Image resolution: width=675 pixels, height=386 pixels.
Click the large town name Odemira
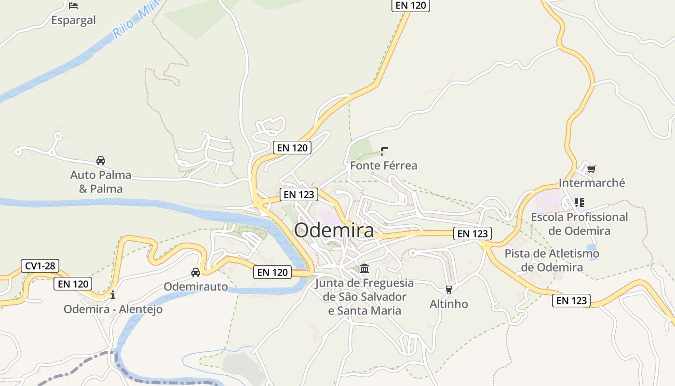(334, 230)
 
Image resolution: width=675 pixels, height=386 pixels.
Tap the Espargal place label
(74, 20)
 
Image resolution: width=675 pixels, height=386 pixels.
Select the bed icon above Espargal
(73, 6)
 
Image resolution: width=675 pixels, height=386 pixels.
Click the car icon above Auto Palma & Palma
(101, 161)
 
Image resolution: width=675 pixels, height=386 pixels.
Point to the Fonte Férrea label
(384, 165)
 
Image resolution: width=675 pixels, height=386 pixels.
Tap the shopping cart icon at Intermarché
(592, 169)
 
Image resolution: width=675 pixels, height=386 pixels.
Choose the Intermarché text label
(592, 183)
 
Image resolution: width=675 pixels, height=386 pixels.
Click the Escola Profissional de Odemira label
(580, 224)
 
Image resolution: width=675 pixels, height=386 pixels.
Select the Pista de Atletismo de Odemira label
(552, 260)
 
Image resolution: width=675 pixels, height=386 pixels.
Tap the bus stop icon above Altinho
(449, 289)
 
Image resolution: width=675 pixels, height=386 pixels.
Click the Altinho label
(449, 304)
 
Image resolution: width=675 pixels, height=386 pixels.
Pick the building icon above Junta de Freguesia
(364, 268)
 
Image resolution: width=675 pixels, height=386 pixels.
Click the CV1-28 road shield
(40, 265)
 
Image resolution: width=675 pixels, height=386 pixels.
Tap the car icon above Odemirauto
(196, 273)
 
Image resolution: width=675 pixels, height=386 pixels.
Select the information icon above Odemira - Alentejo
(113, 294)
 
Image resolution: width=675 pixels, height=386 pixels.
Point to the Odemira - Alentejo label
(113, 309)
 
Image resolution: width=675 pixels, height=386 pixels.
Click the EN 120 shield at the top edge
(410, 5)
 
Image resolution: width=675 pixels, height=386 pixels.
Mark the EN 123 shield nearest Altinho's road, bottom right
(571, 301)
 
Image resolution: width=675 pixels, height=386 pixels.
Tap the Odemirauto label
(196, 287)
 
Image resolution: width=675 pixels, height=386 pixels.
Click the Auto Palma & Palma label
(101, 181)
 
